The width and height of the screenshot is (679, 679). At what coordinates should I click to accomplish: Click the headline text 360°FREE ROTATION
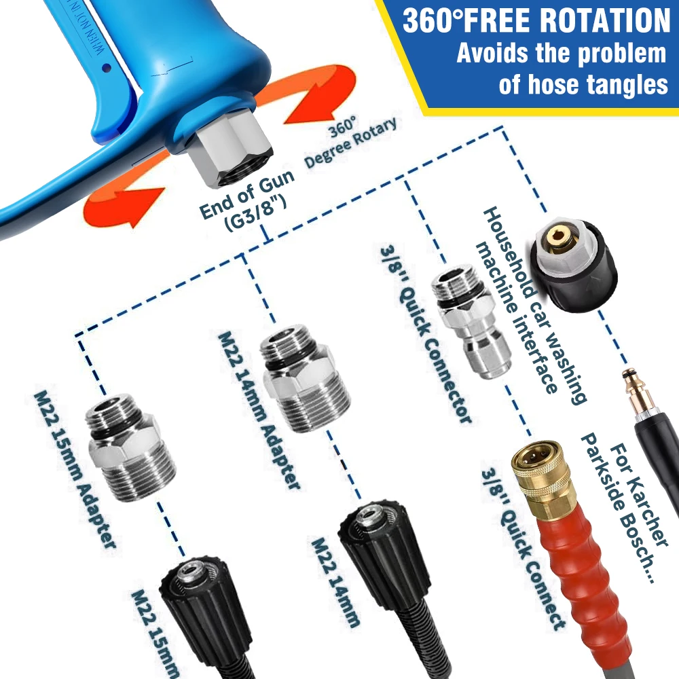(536, 20)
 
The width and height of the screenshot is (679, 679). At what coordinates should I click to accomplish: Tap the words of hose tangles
(583, 86)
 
